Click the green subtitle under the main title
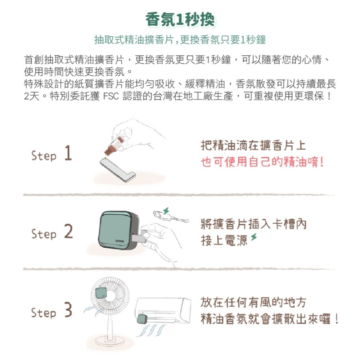click(180, 40)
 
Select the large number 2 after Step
click(68, 232)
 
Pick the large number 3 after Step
click(68, 311)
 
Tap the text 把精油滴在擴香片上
click(253, 146)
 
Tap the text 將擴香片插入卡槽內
click(253, 225)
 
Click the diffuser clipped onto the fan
click(101, 293)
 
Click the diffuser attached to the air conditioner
click(142, 319)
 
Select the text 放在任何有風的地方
click(253, 302)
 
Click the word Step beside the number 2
click(44, 234)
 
